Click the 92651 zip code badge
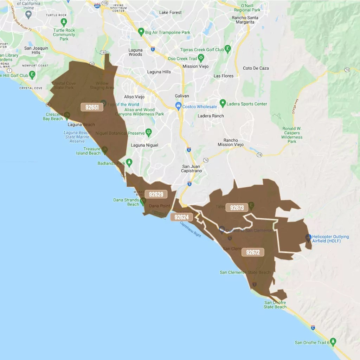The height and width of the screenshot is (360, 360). pos(92,107)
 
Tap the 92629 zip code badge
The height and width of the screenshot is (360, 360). pos(156,194)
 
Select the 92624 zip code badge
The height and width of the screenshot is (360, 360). pos(182,217)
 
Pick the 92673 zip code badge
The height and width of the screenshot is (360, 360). pos(237,208)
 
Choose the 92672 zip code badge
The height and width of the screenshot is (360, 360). pos(253,252)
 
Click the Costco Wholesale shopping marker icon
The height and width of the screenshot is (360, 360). pos(179,105)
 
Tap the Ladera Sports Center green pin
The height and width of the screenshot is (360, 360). pos(223,103)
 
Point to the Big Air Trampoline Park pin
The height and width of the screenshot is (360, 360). pos(141,32)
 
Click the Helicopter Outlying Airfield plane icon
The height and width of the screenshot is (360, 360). pos(308,238)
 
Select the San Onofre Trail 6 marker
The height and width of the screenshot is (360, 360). pos(333,341)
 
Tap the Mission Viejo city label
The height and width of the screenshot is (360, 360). pos(195,66)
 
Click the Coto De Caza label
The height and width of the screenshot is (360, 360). pos(256,68)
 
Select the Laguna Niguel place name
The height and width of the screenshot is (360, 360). pos(144,145)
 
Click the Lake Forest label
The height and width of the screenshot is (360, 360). pos(171,13)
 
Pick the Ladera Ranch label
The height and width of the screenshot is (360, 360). pos(211,116)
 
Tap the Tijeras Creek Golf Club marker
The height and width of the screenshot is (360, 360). pos(228,49)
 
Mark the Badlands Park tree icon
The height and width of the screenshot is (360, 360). pos(129,162)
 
